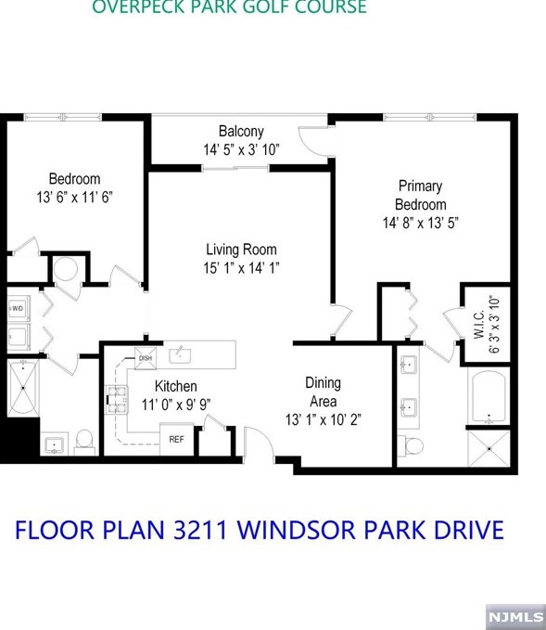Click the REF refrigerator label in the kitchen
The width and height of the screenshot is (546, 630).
click(176, 439)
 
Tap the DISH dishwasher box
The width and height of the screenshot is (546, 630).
click(145, 357)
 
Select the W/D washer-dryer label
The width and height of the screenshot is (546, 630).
click(18, 309)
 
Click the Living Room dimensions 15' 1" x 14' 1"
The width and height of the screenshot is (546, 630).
click(241, 267)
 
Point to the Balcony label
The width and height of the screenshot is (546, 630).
click(241, 132)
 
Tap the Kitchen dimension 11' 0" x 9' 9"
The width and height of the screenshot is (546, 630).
click(176, 405)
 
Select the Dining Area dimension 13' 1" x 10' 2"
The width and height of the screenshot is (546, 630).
click(324, 420)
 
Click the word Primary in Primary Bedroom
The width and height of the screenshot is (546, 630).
click(420, 186)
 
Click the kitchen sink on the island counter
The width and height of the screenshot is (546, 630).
click(180, 354)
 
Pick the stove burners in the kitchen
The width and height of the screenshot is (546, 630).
click(117, 399)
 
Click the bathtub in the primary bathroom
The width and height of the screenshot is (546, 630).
click(489, 397)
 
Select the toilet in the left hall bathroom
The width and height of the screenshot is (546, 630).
click(84, 442)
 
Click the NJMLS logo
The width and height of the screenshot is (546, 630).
click(515, 616)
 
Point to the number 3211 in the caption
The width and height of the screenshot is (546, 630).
click(200, 530)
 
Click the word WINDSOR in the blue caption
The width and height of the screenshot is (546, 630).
click(297, 530)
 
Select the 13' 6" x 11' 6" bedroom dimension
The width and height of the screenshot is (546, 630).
click(75, 198)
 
